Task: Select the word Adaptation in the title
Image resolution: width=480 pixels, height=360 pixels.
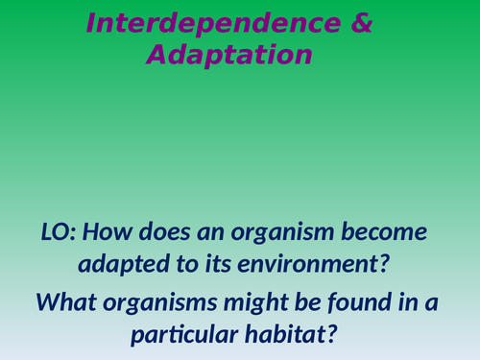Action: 229,56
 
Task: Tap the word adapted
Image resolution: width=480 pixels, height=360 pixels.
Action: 119,264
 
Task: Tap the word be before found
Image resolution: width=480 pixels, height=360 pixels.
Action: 310,304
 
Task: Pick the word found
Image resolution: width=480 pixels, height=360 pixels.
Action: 361,304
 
